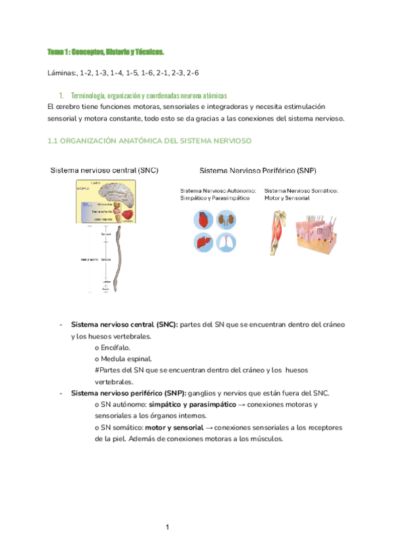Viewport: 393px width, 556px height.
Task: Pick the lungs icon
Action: pos(226,243)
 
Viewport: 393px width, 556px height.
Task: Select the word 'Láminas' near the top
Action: pos(64,73)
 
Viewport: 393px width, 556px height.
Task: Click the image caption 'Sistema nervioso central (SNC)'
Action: pos(104,170)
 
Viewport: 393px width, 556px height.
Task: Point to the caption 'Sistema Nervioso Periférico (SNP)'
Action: pos(257,170)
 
